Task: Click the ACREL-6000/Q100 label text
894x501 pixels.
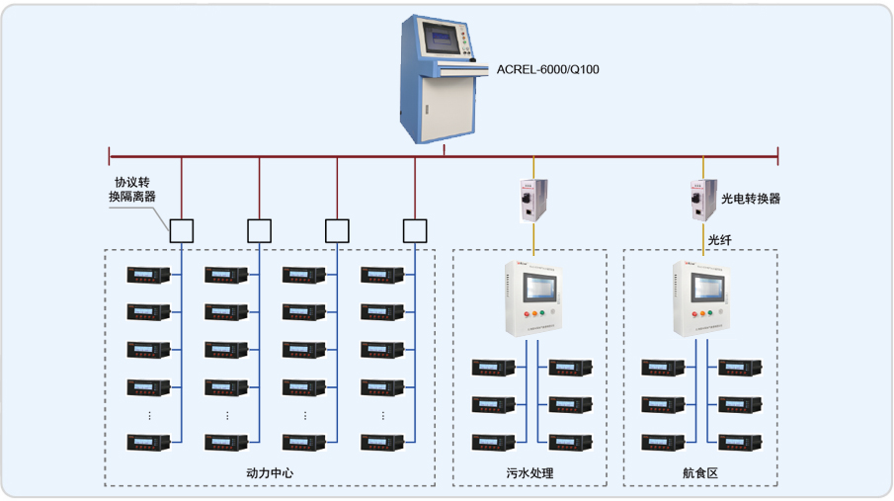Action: (547, 70)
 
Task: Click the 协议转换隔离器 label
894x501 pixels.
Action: (132, 190)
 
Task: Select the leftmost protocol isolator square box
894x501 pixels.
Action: (181, 230)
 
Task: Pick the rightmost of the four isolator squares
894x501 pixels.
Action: (416, 230)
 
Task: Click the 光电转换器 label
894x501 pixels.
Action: (751, 199)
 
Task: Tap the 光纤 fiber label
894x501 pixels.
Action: (719, 238)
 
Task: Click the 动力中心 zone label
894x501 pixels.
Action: (270, 473)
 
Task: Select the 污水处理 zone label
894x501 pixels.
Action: (528, 473)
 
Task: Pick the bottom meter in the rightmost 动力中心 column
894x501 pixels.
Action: (380, 443)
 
